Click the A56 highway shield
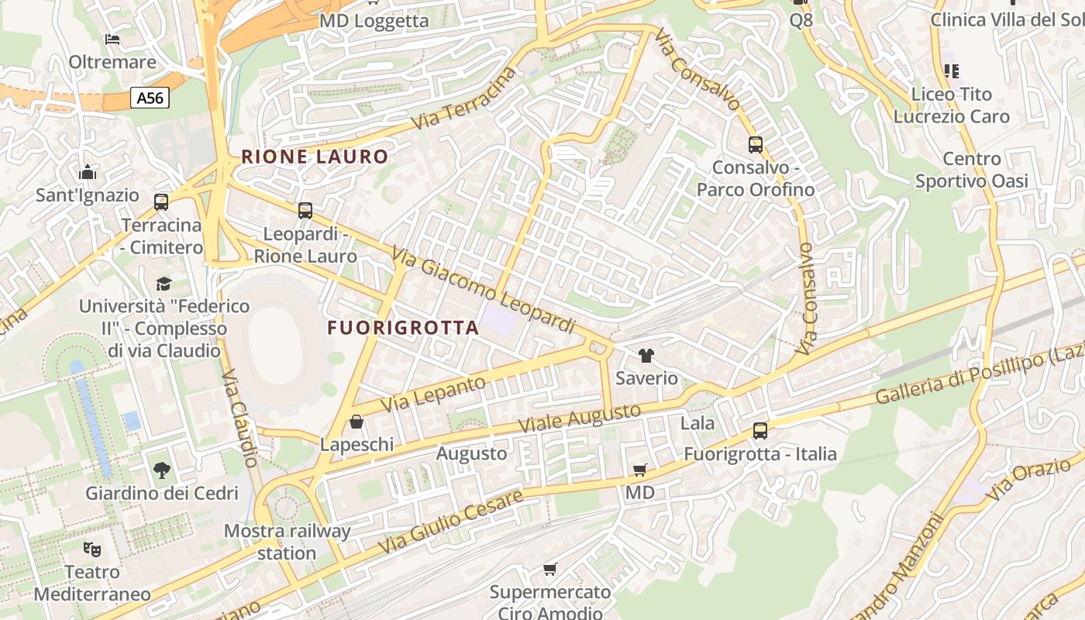[x=150, y=98]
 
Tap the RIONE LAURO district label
[x=315, y=157]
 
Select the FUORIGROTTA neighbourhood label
[x=403, y=328]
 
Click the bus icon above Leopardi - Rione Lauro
[x=305, y=210]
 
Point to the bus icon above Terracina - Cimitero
[x=161, y=202]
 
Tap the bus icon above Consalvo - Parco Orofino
[x=755, y=144]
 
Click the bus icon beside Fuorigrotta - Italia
[x=760, y=431]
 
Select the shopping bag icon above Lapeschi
[x=356, y=422]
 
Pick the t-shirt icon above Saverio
[x=646, y=356]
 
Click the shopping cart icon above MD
[x=640, y=470]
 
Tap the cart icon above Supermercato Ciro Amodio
[x=550, y=570]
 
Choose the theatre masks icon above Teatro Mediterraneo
[x=92, y=549]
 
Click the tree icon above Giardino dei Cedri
[x=161, y=470]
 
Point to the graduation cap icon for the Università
[x=164, y=284]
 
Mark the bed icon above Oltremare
[x=112, y=39]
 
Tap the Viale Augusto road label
[x=580, y=419]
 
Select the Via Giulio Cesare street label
[x=451, y=522]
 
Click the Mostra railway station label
[x=287, y=542]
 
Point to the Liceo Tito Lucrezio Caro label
[x=952, y=105]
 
